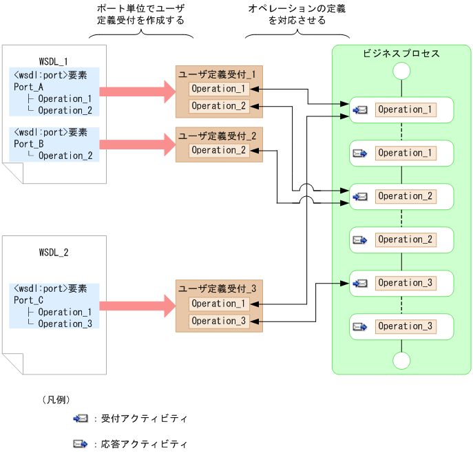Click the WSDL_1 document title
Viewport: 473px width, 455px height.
coord(54,61)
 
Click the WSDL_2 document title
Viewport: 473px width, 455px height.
coord(54,252)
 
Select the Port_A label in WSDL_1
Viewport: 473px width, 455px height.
coord(29,87)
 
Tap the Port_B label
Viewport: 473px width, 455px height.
coord(29,144)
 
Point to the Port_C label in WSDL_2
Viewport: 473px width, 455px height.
coord(29,300)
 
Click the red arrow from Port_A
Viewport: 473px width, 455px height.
coord(137,90)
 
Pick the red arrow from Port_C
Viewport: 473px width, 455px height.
coord(137,303)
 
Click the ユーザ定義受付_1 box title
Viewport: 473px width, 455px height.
coord(218,73)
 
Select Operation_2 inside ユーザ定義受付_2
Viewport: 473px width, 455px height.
coord(218,150)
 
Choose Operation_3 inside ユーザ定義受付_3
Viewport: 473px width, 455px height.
coord(218,321)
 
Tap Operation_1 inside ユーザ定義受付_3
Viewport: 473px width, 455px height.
coord(218,304)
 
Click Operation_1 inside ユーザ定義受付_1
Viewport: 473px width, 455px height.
coord(218,89)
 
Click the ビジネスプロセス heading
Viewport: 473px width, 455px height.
coord(401,54)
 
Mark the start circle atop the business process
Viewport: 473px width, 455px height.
coord(401,72)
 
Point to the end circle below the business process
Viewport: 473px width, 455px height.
coord(401,361)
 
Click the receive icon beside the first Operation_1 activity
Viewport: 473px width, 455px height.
coord(360,109)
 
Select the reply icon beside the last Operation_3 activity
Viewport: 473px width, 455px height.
coord(360,326)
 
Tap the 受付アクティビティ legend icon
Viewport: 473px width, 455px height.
coord(81,418)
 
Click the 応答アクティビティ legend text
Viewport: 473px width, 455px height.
coord(144,444)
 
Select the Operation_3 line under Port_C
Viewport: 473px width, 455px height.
coord(65,324)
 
